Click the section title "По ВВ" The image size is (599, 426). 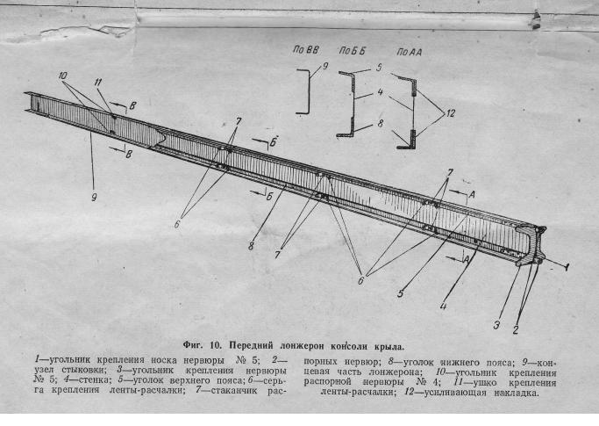click(x=305, y=50)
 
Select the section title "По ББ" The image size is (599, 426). click(x=353, y=51)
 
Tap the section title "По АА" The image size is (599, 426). click(x=410, y=52)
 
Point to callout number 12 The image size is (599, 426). click(x=451, y=113)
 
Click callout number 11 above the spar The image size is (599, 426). click(x=98, y=82)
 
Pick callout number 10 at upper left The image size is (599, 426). click(x=62, y=76)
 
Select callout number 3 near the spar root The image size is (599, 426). click(x=496, y=325)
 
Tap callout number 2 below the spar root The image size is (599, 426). click(x=516, y=329)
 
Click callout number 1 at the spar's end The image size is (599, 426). click(x=567, y=266)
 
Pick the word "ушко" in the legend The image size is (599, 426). click(x=485, y=383)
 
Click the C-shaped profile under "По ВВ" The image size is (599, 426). click(x=308, y=92)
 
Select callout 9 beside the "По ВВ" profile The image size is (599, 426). click(x=325, y=66)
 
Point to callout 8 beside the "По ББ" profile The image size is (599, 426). click(x=380, y=124)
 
